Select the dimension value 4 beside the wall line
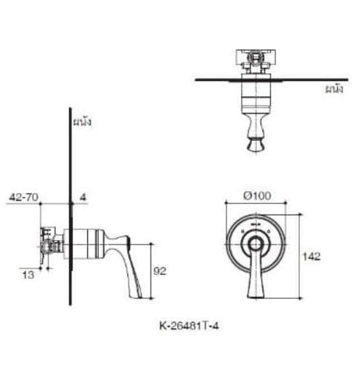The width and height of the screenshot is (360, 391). tap(83, 197)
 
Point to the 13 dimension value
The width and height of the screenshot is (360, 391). tap(27, 274)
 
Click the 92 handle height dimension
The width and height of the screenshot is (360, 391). tap(160, 271)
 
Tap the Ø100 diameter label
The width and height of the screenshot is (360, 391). tap(257, 195)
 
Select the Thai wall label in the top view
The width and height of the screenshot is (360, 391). tap(334, 89)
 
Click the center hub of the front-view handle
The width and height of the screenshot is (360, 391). tap(255, 243)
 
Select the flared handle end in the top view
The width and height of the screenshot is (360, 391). tap(255, 147)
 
